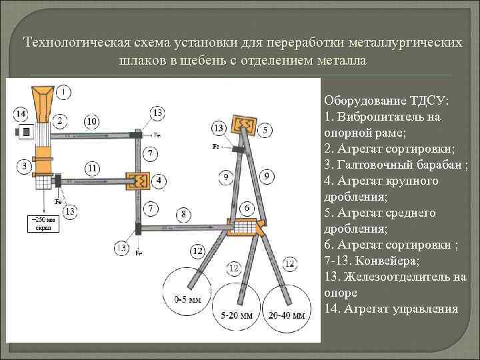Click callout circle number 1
point(64,91)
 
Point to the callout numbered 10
point(92,121)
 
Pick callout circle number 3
point(24,165)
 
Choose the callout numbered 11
point(92,167)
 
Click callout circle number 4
point(158,180)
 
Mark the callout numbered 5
point(265,130)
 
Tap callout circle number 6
point(246,209)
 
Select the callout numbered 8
point(183,214)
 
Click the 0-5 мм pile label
point(187,300)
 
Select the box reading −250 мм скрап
point(42,223)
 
